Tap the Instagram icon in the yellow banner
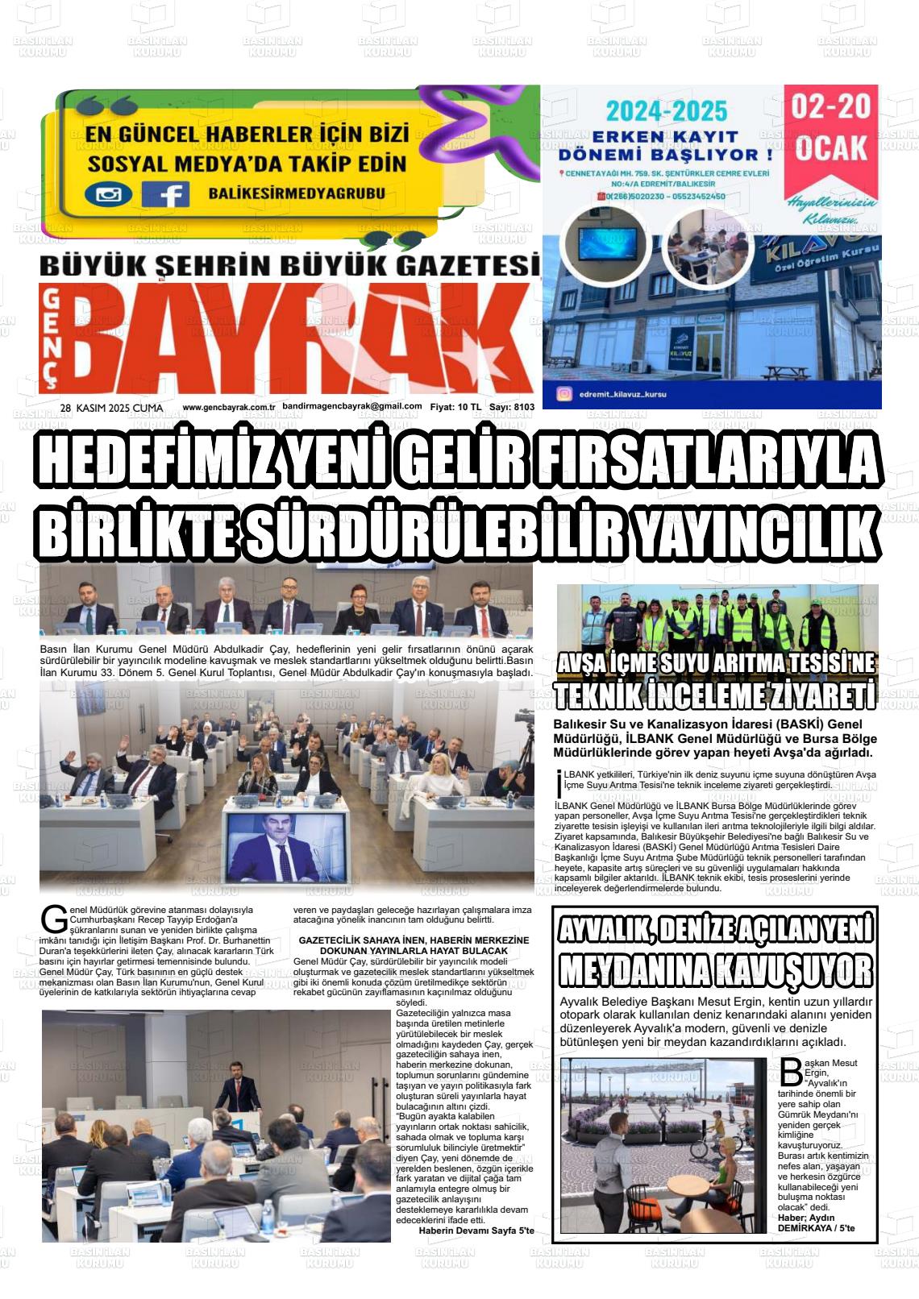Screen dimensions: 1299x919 pyautogui.click(x=108, y=194)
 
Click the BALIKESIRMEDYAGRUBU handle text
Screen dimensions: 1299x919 pyautogui.click(x=296, y=194)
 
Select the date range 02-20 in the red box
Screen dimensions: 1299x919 pyautogui.click(x=831, y=109)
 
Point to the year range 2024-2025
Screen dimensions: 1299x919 pyautogui.click(x=667, y=110)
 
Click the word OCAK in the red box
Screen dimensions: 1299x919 pyautogui.click(x=831, y=148)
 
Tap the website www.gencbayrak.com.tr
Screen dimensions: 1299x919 pyautogui.click(x=229, y=408)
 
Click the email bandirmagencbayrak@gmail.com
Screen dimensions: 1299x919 pyautogui.click(x=352, y=407)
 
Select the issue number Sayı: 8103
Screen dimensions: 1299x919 pyautogui.click(x=512, y=408)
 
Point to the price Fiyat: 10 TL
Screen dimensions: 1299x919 pyautogui.click(x=455, y=408)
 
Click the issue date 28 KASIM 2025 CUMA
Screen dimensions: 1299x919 pyautogui.click(x=111, y=408)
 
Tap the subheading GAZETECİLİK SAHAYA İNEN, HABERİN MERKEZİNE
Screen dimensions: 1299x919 pyautogui.click(x=414, y=940)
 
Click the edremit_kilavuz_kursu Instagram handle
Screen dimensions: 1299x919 pyautogui.click(x=623, y=395)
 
